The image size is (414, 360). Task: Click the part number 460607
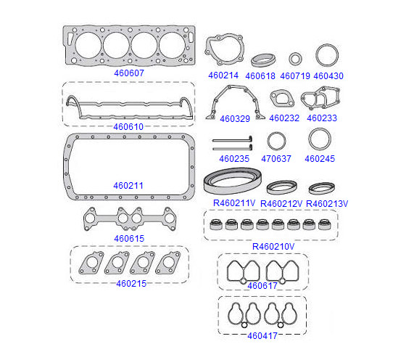pyautogui.click(x=129, y=73)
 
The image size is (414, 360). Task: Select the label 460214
pyautogui.click(x=223, y=75)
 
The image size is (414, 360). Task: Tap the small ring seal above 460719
pyautogui.click(x=295, y=59)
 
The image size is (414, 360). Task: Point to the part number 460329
pyautogui.click(x=235, y=119)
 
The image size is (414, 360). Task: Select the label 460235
pyautogui.click(x=234, y=159)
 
